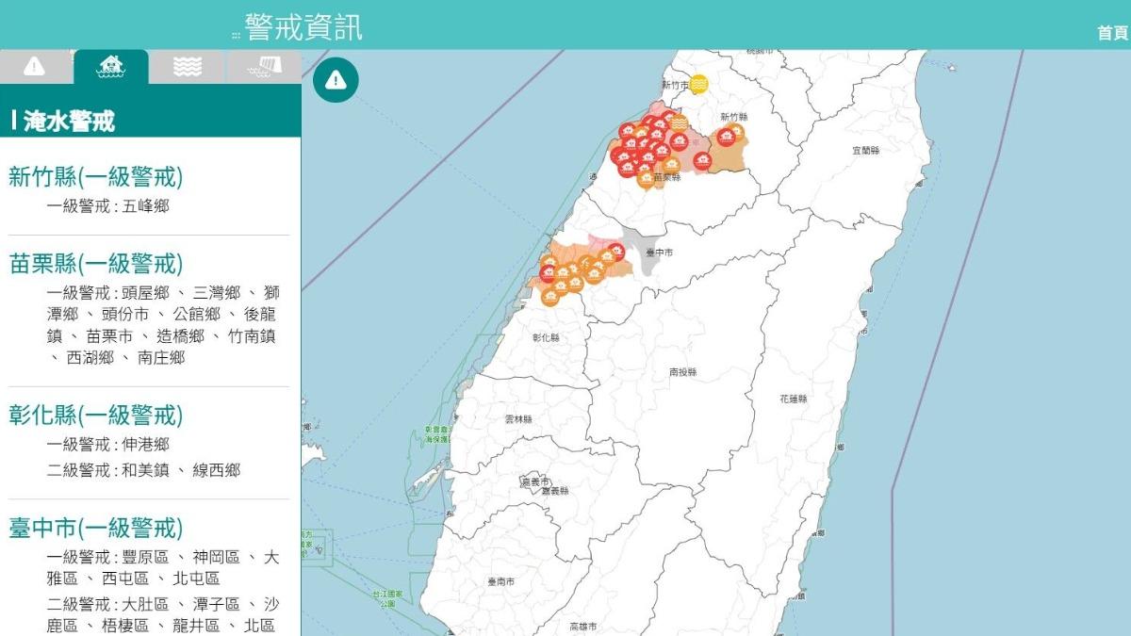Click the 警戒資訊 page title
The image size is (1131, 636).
[303, 26]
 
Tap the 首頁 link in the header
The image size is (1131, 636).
[1112, 33]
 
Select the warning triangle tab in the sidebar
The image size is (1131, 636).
[35, 66]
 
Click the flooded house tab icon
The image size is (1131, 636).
[111, 66]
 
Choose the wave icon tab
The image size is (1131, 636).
[188, 66]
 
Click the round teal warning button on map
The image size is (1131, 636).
[336, 80]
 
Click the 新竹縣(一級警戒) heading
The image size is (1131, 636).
[95, 176]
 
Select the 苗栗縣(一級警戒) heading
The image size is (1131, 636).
[95, 263]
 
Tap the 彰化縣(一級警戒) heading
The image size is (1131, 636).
[95, 415]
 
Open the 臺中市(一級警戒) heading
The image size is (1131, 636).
[95, 528]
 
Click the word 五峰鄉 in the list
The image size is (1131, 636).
[146, 205]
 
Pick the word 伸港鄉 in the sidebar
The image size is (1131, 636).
[146, 444]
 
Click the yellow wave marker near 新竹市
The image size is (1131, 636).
[698, 85]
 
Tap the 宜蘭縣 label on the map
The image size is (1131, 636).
[865, 151]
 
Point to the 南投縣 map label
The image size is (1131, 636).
[682, 372]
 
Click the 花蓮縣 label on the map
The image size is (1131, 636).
[794, 400]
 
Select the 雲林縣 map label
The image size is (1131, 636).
[518, 419]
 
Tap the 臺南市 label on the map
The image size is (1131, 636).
[501, 582]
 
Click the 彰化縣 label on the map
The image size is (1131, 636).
[546, 337]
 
